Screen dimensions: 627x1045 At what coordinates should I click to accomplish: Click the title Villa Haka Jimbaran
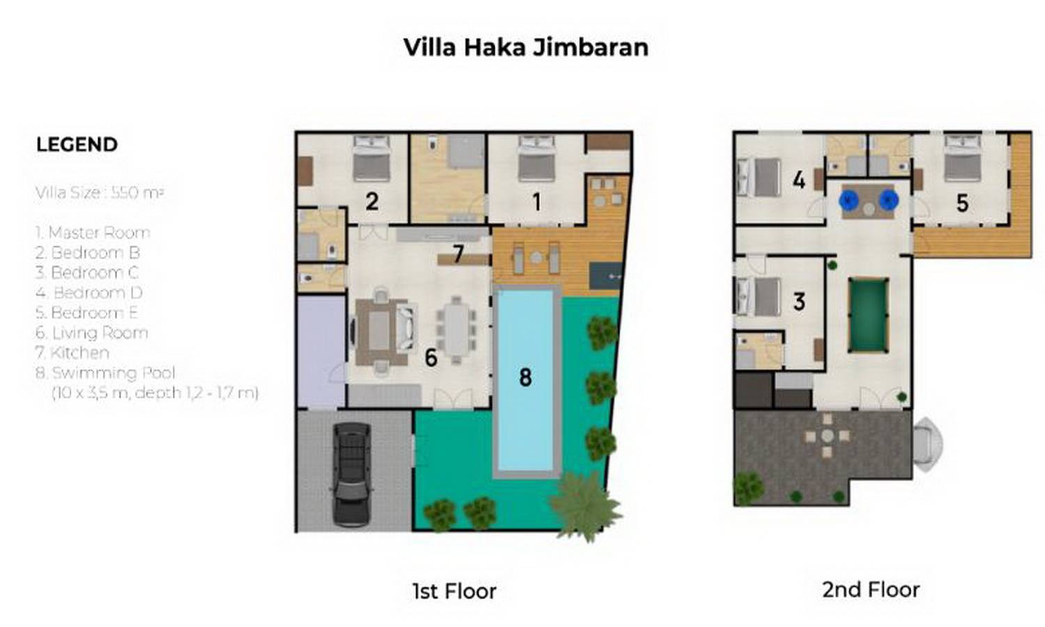click(x=526, y=47)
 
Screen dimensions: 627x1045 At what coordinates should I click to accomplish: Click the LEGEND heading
click(x=77, y=145)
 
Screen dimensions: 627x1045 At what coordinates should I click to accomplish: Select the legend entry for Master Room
click(x=93, y=233)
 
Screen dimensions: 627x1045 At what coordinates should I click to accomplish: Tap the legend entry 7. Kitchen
click(x=72, y=353)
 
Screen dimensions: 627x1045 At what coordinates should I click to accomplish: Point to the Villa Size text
click(x=100, y=193)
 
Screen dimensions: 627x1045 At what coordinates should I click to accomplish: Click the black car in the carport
click(x=350, y=474)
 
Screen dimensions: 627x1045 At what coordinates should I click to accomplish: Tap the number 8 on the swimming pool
click(x=525, y=378)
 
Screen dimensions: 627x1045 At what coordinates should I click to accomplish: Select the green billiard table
click(x=868, y=316)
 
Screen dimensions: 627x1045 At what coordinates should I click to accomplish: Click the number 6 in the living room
click(x=431, y=358)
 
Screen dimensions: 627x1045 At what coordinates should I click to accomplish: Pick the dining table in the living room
click(x=456, y=329)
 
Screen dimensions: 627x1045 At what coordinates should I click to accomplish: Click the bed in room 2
click(x=371, y=160)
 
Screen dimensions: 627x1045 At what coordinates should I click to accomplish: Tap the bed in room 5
click(x=962, y=160)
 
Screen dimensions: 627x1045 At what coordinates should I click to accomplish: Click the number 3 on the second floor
click(x=799, y=302)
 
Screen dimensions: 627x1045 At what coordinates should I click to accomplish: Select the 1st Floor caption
click(x=454, y=591)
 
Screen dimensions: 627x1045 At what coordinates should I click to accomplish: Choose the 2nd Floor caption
click(x=871, y=590)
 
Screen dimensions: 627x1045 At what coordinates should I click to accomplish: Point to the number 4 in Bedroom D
click(x=799, y=180)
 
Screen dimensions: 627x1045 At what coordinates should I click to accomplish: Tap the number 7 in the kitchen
click(x=458, y=254)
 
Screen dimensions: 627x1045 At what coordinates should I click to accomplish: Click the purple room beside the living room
click(x=321, y=351)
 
